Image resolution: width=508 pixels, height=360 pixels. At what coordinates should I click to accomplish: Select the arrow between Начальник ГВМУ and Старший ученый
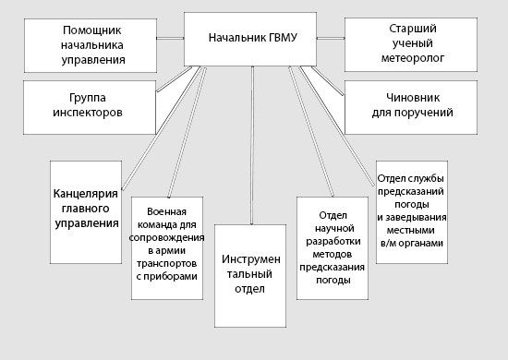(329, 40)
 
